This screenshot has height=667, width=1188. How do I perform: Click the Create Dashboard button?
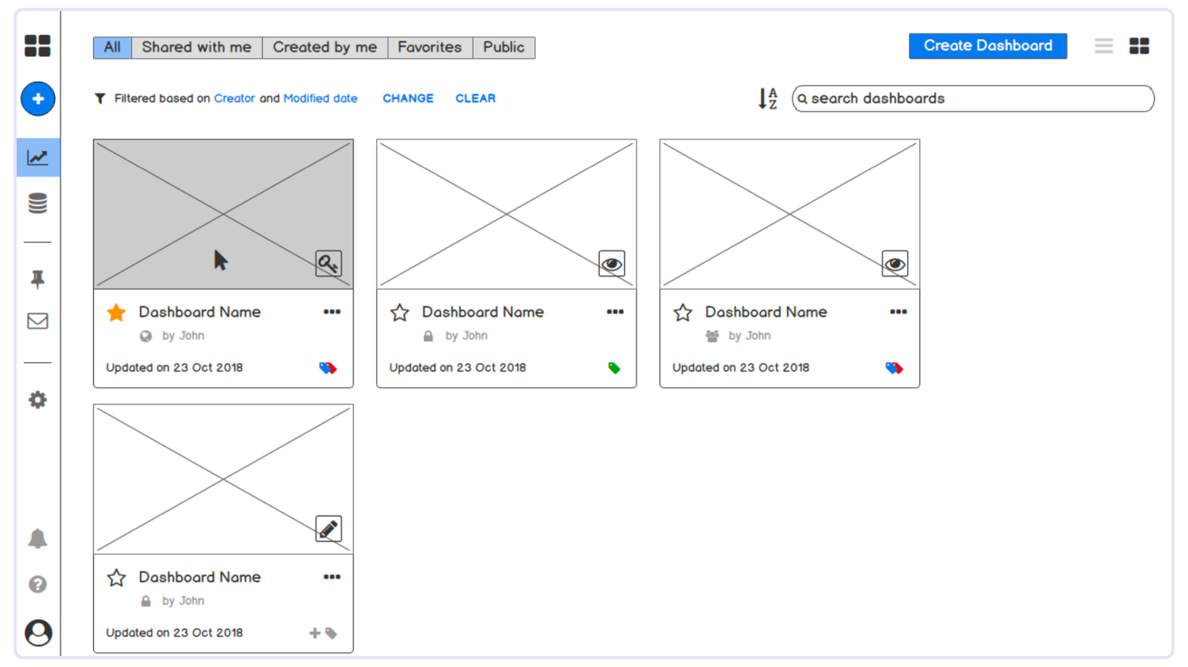click(987, 46)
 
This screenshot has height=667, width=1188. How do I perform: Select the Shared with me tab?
click(196, 47)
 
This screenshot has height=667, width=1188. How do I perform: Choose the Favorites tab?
click(430, 47)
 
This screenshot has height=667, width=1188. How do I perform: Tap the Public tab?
click(503, 47)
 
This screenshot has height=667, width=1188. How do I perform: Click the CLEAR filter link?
click(475, 98)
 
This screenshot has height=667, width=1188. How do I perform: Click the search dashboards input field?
click(973, 98)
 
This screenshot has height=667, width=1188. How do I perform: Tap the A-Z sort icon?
click(768, 98)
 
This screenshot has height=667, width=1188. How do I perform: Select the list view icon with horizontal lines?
click(1104, 46)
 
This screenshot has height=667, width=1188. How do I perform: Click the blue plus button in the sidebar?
click(38, 98)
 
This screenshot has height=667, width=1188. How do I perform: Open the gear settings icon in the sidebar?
click(38, 400)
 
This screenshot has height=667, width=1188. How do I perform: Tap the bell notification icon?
click(38, 538)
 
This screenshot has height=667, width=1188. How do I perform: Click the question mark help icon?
click(38, 584)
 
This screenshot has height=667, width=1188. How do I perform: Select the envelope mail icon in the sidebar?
click(38, 321)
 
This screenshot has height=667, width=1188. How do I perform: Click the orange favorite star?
click(116, 312)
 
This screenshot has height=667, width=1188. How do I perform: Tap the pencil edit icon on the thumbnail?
click(328, 528)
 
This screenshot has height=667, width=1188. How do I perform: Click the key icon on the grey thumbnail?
click(328, 263)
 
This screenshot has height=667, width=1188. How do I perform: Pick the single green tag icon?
click(614, 368)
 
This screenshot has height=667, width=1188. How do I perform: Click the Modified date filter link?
click(320, 98)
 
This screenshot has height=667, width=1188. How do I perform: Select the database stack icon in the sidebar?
click(38, 203)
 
